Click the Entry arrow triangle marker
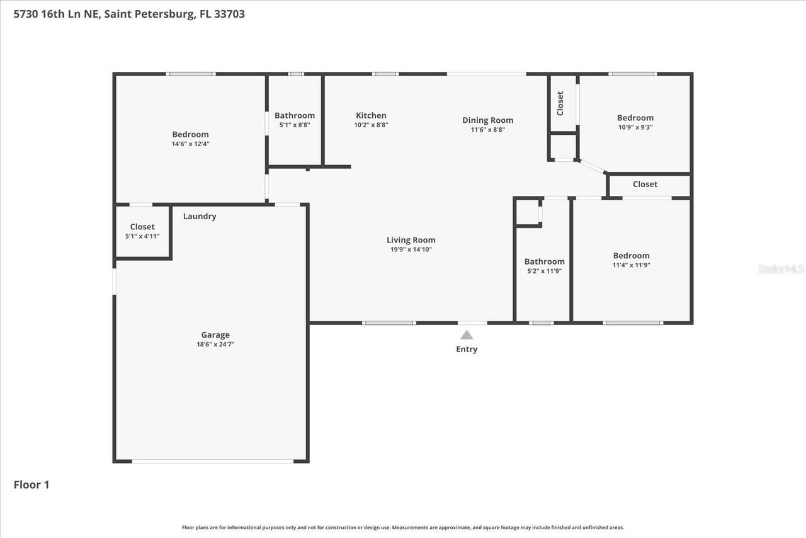point(466,335)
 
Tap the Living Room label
point(411,240)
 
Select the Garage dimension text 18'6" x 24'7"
point(215,345)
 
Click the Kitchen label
point(371,115)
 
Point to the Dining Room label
point(487,120)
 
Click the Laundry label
point(200,216)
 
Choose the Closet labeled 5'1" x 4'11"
point(142,227)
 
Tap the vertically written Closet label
point(560,103)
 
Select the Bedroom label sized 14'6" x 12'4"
point(190,134)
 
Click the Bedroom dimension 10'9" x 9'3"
point(635,127)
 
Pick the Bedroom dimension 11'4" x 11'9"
point(631,265)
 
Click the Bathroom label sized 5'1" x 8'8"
point(294,115)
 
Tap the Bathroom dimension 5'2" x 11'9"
point(544,271)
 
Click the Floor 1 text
point(31,484)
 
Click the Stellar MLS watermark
point(780,269)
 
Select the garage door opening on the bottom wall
point(212,461)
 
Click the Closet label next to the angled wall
point(645,184)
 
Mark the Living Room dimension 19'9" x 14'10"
point(411,249)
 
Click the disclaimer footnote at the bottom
point(403,527)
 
